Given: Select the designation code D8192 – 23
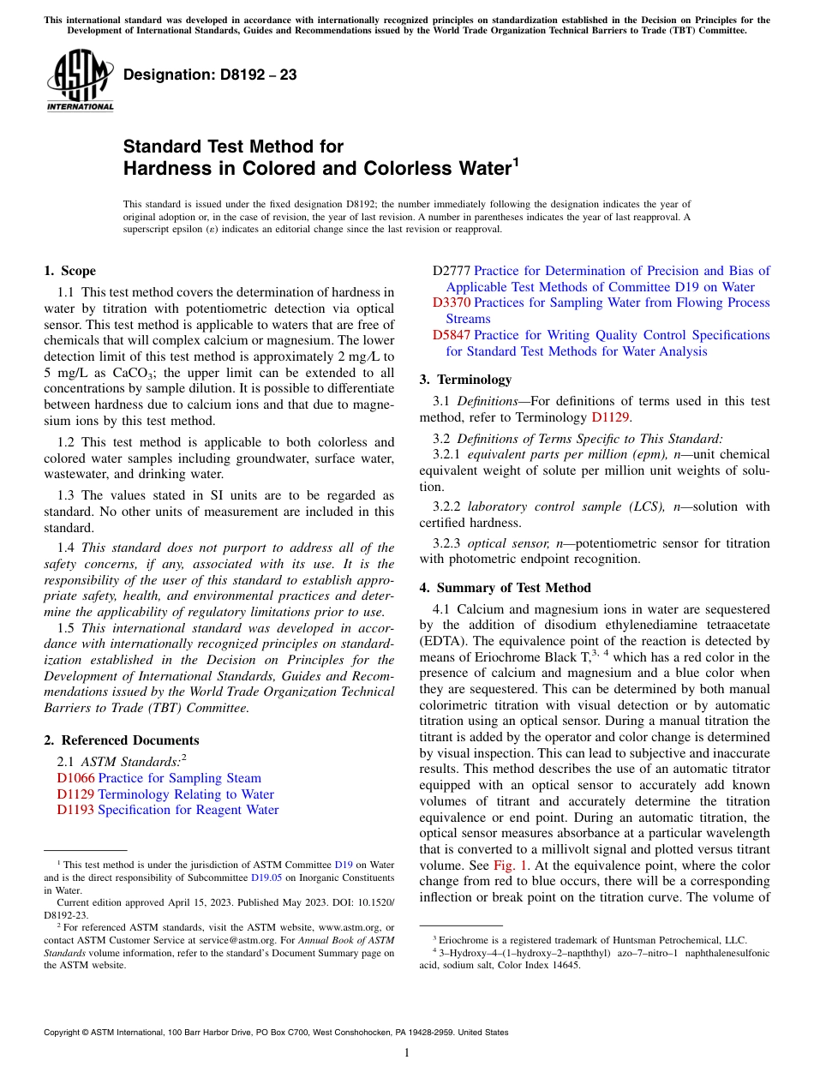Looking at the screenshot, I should [x=210, y=75].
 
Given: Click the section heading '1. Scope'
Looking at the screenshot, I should [x=69, y=271].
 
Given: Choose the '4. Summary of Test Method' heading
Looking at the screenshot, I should [x=505, y=588].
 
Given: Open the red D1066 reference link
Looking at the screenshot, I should [x=75, y=778].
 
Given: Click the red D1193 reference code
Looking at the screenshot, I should [x=75, y=810].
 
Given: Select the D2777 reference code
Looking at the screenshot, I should [x=452, y=271].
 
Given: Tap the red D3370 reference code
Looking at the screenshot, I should [x=452, y=302].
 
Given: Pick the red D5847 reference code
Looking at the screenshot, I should [x=452, y=335].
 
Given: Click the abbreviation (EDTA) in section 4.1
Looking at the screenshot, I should [x=444, y=640].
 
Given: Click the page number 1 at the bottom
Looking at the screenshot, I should [x=407, y=1053].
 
